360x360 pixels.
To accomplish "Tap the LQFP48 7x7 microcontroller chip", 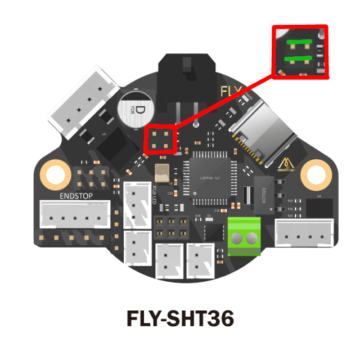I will (209, 178).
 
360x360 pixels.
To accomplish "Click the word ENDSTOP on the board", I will (76, 196).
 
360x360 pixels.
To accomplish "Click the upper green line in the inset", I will (298, 41).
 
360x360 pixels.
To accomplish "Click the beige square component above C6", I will (161, 174).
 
